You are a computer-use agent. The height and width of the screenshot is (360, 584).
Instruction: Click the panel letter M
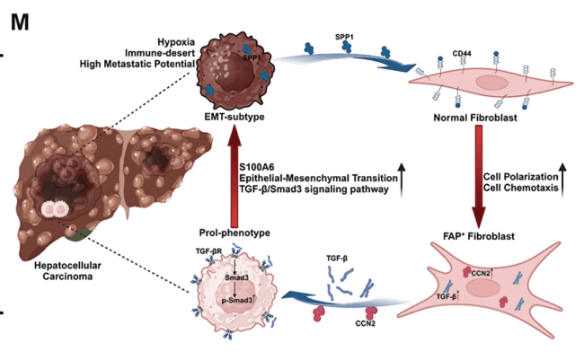[x=20, y=20]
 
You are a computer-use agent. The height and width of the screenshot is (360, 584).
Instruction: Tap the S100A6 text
[x=260, y=165]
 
